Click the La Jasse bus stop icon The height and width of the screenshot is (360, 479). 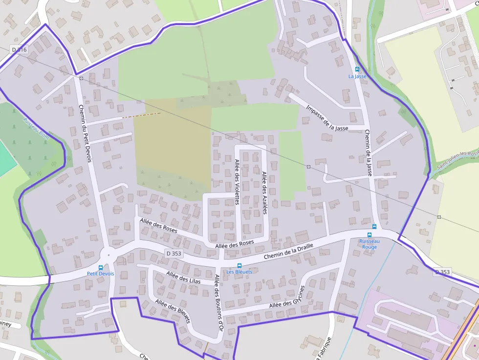click(x=357, y=69)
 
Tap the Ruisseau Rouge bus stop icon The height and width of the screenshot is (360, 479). click(x=374, y=227)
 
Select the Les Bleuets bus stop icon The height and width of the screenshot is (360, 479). click(x=239, y=265)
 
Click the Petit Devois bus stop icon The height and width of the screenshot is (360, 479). click(x=101, y=268)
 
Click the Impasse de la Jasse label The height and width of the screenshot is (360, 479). click(x=327, y=118)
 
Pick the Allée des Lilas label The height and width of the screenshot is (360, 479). click(x=183, y=277)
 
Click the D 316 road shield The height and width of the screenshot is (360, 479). click(x=19, y=49)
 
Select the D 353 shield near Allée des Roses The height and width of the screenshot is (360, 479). click(x=174, y=254)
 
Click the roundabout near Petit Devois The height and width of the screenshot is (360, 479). click(x=108, y=254)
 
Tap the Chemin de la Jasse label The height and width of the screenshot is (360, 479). click(x=369, y=152)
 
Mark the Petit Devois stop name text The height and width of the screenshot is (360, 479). click(x=100, y=274)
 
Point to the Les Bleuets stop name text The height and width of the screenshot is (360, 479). click(x=239, y=272)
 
